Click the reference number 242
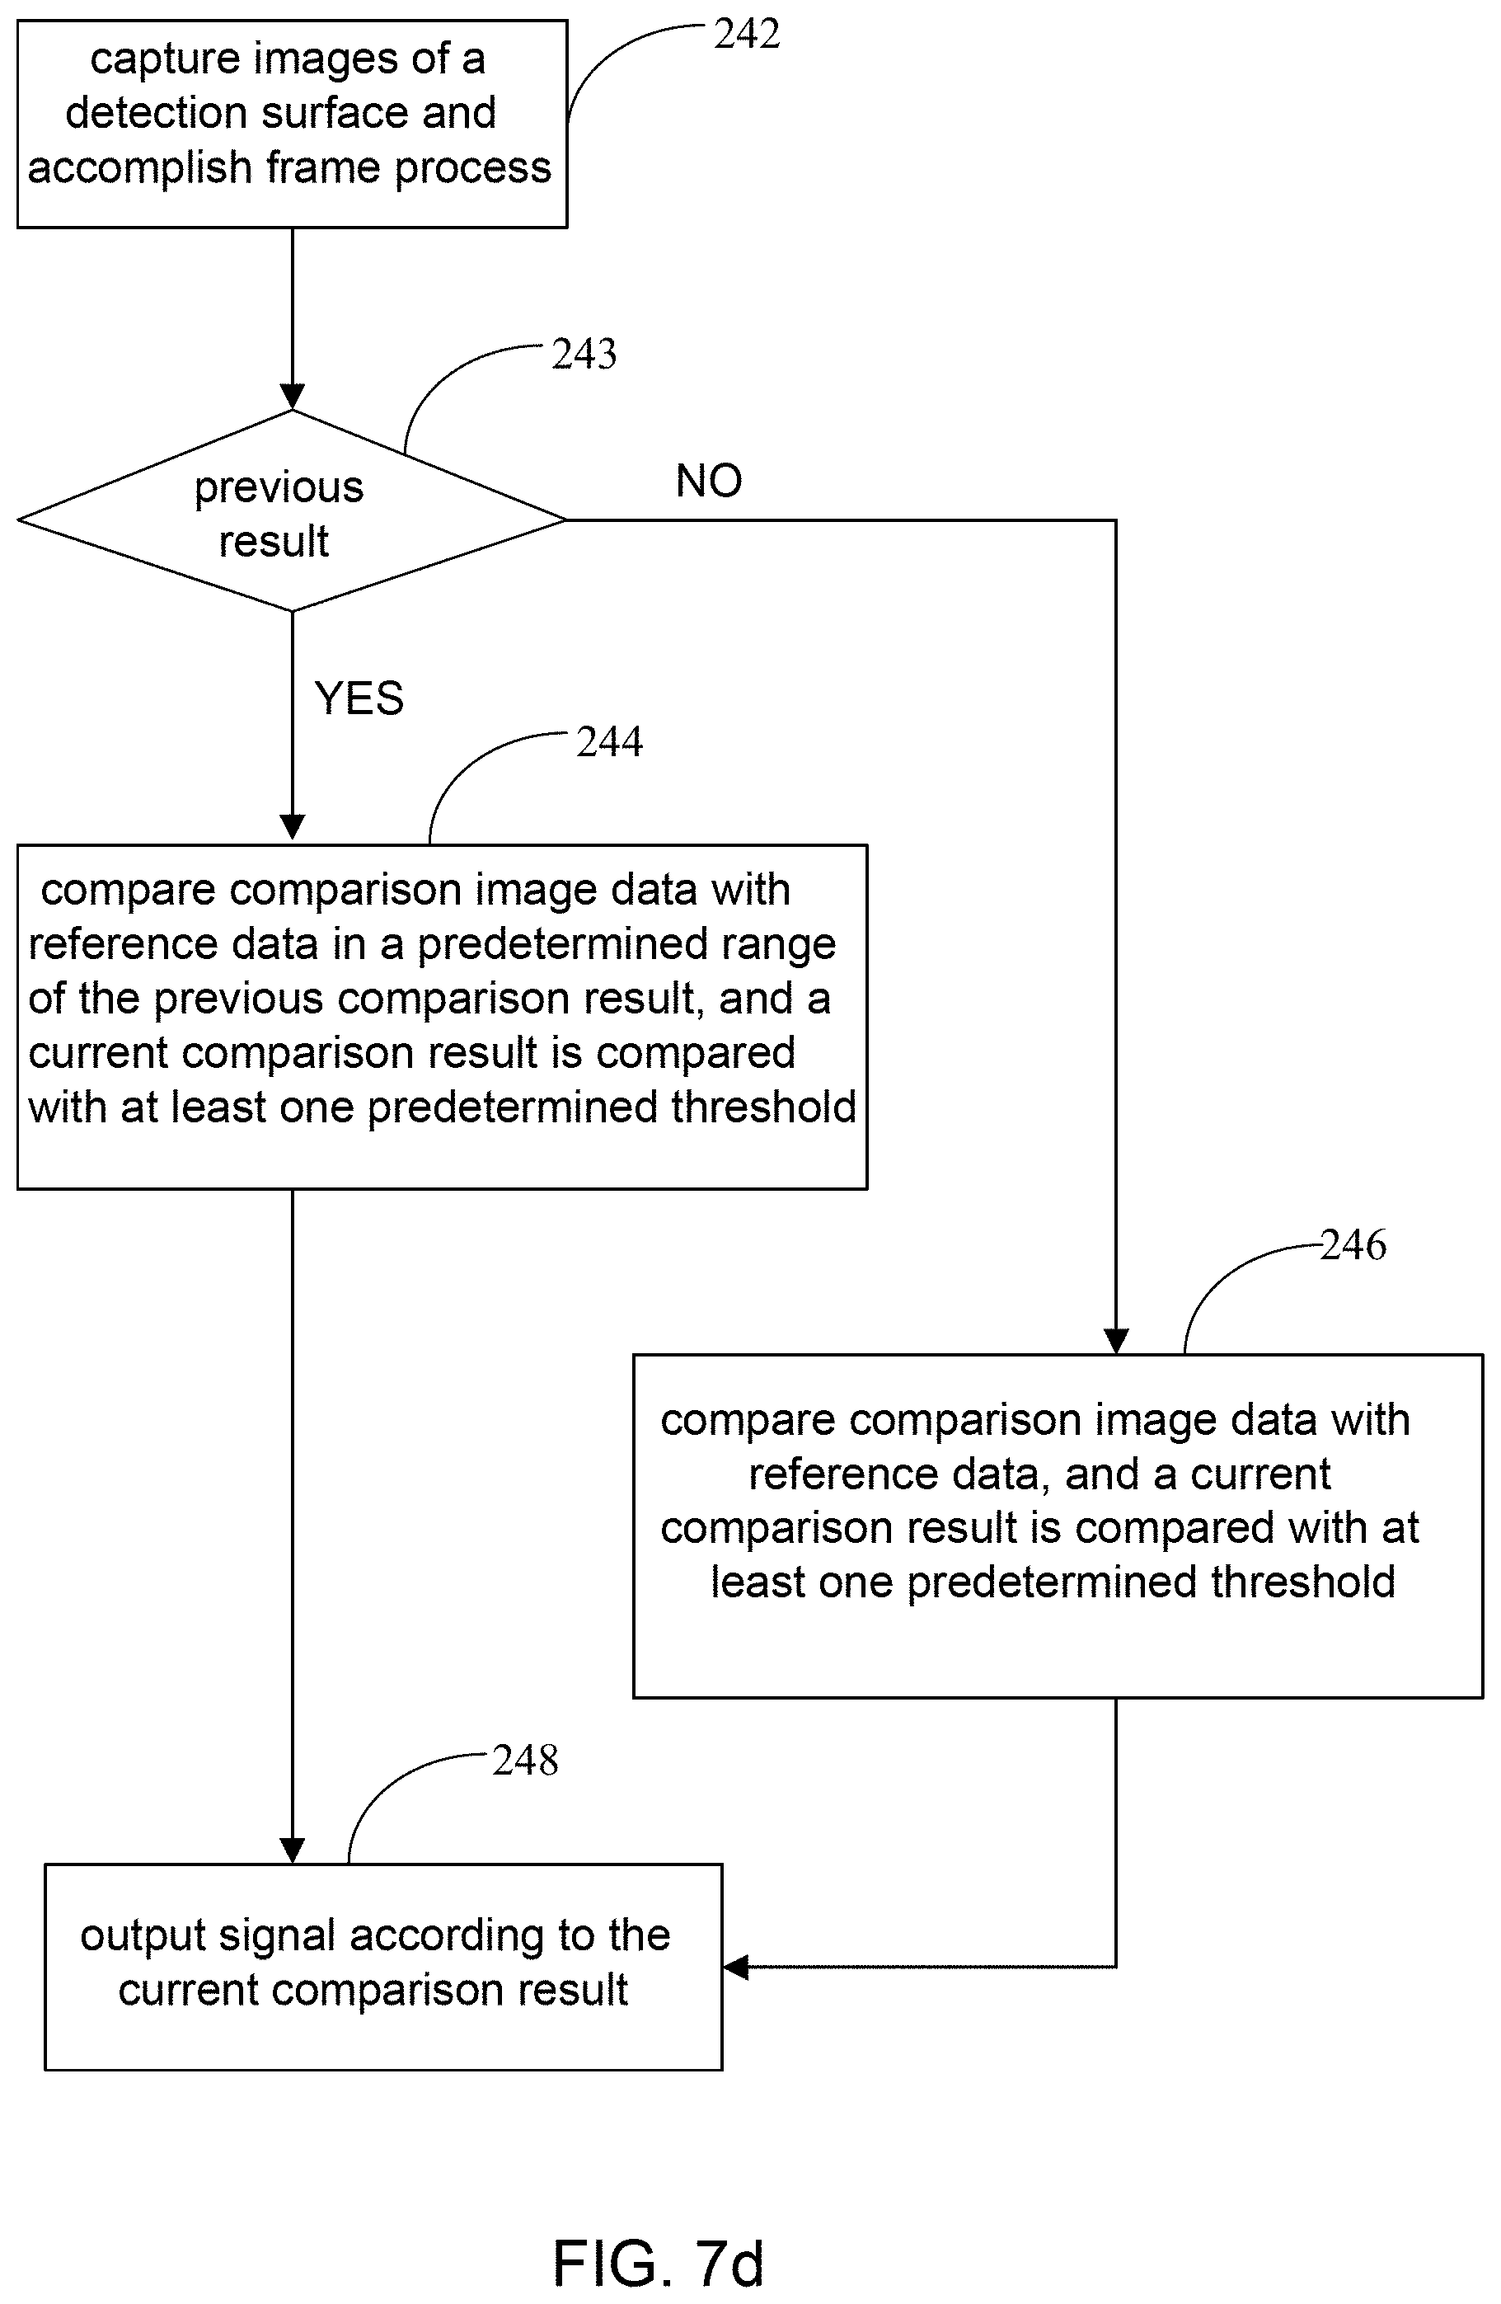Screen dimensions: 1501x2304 (746, 35)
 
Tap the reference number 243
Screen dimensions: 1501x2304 (584, 355)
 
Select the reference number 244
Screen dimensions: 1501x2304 (608, 742)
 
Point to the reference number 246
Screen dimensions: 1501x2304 (1353, 1245)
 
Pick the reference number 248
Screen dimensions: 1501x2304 (524, 1760)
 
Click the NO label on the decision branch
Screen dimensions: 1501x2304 (708, 481)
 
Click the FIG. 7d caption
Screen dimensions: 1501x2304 (658, 2264)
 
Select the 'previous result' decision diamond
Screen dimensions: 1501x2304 (291, 511)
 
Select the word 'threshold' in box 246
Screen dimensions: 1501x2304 (1302, 1582)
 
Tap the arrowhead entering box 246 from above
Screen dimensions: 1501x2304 (1116, 1342)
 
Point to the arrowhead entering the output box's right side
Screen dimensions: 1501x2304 (735, 1967)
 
